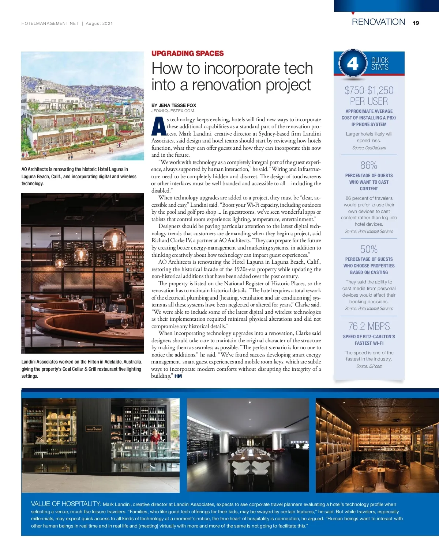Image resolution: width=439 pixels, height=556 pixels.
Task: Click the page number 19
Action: click(416, 23)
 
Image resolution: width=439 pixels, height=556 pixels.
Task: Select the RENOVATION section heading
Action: click(378, 22)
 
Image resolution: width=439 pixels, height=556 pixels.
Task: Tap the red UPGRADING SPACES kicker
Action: click(187, 53)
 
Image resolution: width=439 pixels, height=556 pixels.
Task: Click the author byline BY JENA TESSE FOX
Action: click(174, 105)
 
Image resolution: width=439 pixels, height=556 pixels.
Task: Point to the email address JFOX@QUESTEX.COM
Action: click(173, 111)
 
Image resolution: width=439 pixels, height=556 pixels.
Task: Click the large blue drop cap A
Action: click(158, 126)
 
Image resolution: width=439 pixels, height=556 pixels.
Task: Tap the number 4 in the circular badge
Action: click(352, 64)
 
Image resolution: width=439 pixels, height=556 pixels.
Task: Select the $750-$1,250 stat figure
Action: click(369, 90)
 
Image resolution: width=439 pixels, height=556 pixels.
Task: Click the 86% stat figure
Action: click(369, 165)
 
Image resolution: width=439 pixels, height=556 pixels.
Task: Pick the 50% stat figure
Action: click(369, 249)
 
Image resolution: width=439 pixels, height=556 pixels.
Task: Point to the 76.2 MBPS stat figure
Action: click(369, 326)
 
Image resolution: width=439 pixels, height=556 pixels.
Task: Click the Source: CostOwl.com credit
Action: click(369, 148)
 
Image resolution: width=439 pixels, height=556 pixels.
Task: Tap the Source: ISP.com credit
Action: click(369, 366)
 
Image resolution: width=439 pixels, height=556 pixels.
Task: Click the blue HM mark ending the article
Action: click(178, 376)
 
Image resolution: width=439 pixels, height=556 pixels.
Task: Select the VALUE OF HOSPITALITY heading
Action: click(66, 504)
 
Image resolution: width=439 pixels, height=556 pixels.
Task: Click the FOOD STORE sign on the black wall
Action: click(94, 429)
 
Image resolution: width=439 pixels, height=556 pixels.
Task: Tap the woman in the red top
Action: click(155, 437)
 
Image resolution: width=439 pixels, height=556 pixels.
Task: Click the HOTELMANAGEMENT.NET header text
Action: click(50, 23)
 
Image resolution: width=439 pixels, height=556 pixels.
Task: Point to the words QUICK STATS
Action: click(380, 64)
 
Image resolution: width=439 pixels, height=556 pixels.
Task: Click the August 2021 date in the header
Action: click(99, 23)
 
